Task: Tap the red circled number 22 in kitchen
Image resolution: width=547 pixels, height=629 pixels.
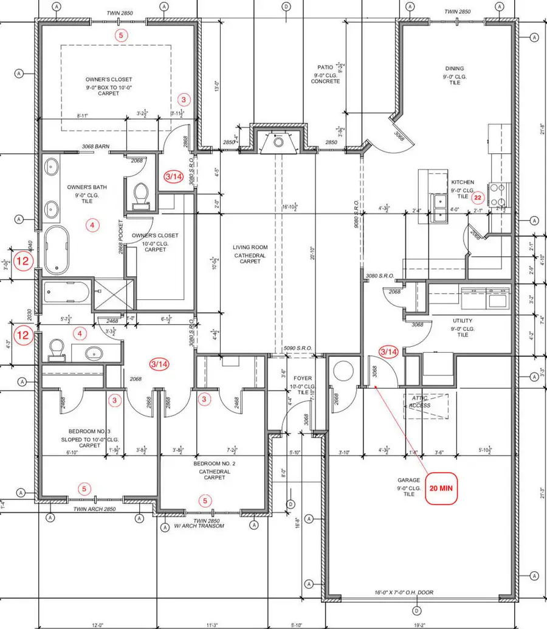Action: (478, 197)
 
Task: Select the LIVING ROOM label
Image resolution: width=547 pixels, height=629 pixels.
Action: (250, 247)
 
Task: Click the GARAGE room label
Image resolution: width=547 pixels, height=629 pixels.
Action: (409, 480)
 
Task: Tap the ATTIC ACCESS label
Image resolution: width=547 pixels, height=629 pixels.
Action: (419, 401)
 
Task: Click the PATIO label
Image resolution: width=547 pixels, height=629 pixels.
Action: (325, 68)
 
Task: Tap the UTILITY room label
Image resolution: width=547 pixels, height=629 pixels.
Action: (463, 321)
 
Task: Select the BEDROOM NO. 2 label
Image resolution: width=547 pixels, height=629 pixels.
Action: (210, 464)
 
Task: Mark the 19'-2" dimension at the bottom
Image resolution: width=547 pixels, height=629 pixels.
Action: (419, 625)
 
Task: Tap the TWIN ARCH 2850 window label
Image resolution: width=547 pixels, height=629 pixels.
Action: (94, 509)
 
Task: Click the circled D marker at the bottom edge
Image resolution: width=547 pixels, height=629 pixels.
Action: (416, 610)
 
